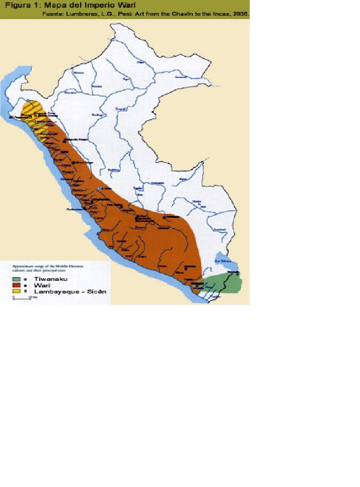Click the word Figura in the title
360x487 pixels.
[x=19, y=6]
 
